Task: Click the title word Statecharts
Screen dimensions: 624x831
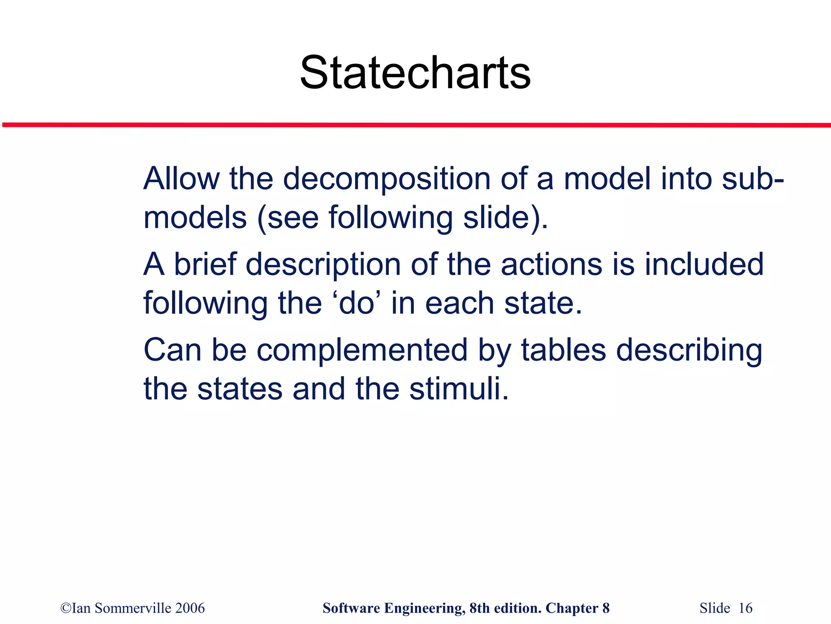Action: (x=415, y=73)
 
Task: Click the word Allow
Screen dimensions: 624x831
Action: (x=181, y=178)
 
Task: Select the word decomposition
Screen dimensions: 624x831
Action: (x=387, y=179)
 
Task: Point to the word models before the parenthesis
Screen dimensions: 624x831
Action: (x=195, y=217)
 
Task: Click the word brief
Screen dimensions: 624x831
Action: (x=205, y=264)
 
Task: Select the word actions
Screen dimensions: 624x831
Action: (x=552, y=264)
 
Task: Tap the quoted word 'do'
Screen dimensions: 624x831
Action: (x=356, y=303)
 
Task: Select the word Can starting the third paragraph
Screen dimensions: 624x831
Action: (x=172, y=350)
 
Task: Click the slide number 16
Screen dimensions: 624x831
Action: (x=745, y=608)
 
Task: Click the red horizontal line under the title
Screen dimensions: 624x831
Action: (x=415, y=125)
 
